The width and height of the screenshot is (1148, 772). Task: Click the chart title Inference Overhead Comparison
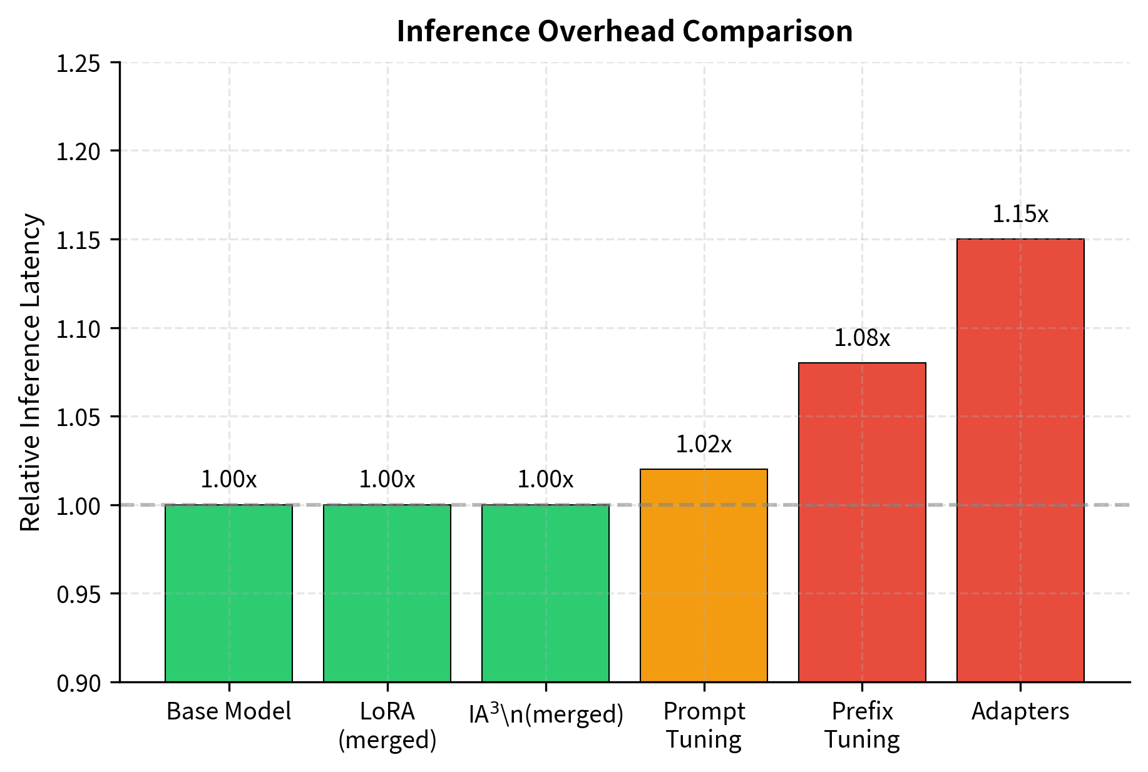click(624, 31)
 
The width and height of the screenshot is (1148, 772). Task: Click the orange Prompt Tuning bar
click(704, 576)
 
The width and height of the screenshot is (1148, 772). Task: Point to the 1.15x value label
click(1020, 215)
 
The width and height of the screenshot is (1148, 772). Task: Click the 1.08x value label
click(862, 338)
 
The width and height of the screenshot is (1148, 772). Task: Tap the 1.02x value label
click(704, 445)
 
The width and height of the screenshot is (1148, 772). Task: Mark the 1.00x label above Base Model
click(228, 480)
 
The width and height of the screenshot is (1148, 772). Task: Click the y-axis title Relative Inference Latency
click(31, 372)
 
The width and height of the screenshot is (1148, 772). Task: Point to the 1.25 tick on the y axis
click(78, 64)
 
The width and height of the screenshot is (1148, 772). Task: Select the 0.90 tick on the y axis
click(78, 683)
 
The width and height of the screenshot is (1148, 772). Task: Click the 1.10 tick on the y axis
click(78, 329)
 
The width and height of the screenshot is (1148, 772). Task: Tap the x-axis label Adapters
click(1020, 712)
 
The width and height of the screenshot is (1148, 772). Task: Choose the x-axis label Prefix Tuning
click(862, 726)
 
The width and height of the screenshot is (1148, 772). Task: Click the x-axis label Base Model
click(228, 712)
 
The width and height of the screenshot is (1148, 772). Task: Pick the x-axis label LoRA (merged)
click(387, 726)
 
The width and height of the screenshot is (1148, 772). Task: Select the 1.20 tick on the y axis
click(78, 152)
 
